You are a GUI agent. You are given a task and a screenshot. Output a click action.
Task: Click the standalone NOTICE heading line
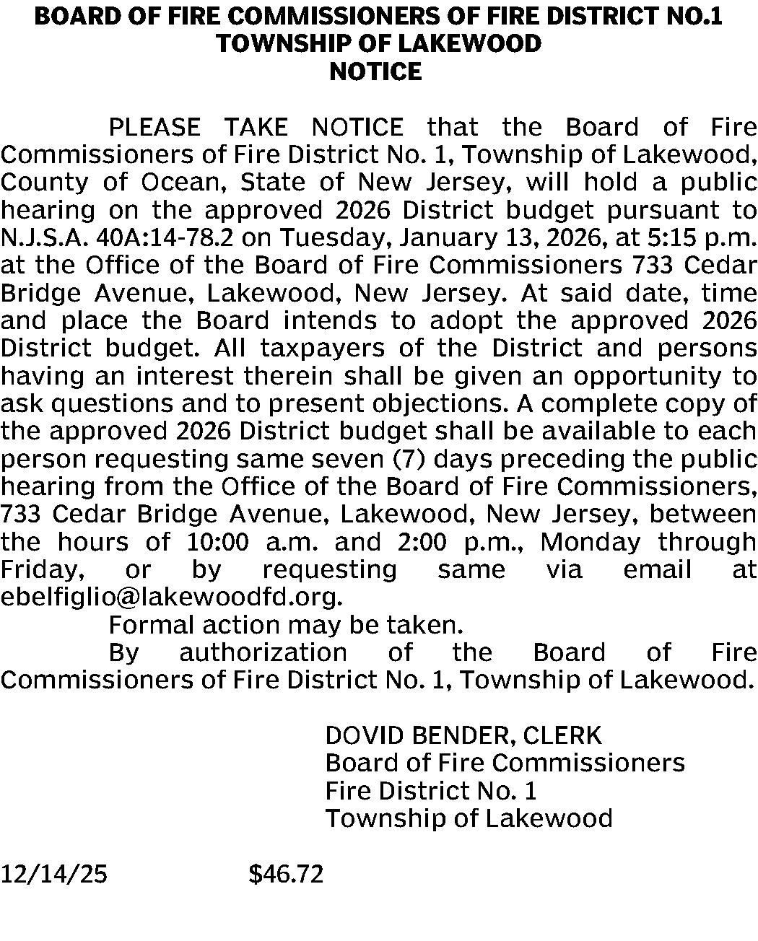(375, 71)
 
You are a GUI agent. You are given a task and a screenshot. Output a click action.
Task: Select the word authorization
(263, 652)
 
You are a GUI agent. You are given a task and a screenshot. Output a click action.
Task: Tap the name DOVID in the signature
(365, 735)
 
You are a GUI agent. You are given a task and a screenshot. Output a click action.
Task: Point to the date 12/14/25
(53, 875)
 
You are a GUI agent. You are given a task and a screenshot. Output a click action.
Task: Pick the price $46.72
(286, 875)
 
